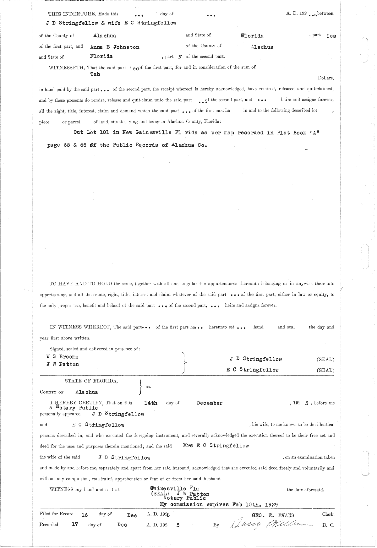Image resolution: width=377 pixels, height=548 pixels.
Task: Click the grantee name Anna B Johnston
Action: [115, 47]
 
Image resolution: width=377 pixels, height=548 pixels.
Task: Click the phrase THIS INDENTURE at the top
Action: [72, 14]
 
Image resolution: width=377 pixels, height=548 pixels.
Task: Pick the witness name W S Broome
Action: [62, 357]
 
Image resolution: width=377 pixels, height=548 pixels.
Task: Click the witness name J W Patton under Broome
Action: [63, 364]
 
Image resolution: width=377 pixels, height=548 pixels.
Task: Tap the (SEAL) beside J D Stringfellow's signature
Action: [325, 360]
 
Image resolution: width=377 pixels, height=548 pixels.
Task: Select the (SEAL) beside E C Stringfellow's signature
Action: [325, 370]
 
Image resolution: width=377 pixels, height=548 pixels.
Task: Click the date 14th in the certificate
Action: [150, 403]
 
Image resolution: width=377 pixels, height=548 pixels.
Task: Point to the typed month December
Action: [210, 403]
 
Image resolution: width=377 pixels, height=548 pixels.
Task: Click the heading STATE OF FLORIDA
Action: [91, 381]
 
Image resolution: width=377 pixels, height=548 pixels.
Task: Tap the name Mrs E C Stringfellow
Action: [216, 446]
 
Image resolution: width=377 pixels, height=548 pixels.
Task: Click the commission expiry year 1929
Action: [270, 505]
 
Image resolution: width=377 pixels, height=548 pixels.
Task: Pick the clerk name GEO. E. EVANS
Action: [273, 515]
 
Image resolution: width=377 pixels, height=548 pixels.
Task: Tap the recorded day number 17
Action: [75, 524]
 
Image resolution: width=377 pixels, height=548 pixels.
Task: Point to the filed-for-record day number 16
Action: [85, 515]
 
